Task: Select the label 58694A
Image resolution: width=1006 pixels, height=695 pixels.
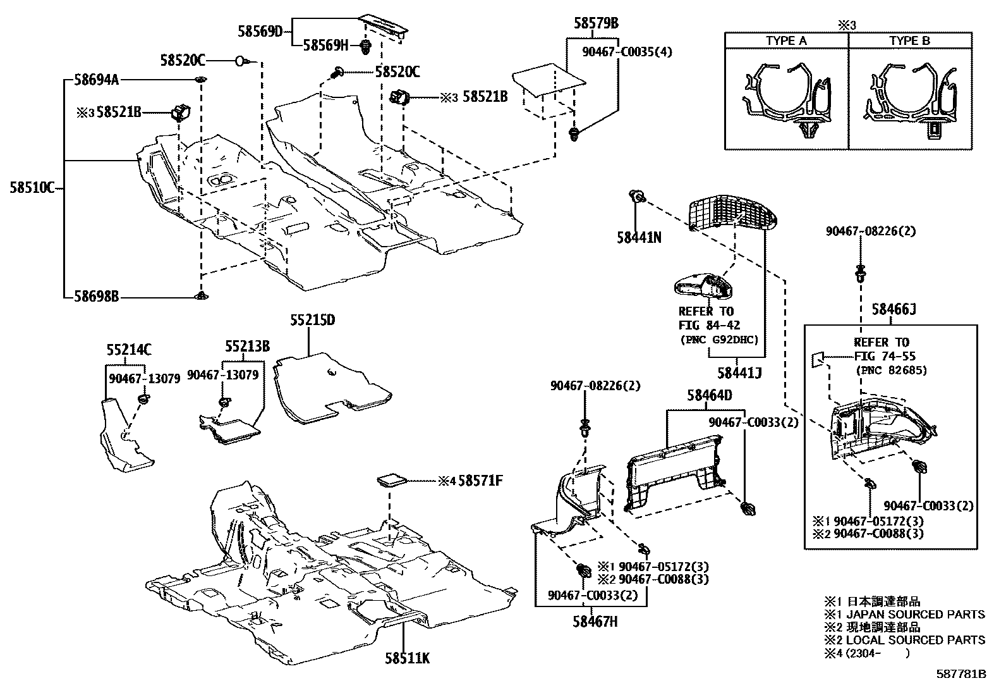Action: tap(96, 80)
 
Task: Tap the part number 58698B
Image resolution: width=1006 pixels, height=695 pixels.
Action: tap(96, 296)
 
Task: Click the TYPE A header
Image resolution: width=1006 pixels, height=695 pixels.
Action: tap(786, 40)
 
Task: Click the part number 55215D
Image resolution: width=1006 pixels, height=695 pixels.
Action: tap(312, 320)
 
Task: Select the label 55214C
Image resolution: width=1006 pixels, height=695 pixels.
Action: tap(128, 348)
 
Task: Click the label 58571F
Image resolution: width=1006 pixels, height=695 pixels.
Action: tap(480, 481)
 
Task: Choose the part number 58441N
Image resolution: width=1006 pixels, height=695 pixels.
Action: tap(639, 237)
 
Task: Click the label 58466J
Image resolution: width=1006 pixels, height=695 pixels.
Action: tap(894, 309)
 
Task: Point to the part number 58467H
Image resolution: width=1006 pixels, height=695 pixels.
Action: tap(595, 622)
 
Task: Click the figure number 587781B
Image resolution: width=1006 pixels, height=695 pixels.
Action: tap(962, 674)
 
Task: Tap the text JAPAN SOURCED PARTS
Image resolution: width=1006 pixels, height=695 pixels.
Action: tap(915, 614)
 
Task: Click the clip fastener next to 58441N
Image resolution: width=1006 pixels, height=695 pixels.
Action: tap(638, 198)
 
